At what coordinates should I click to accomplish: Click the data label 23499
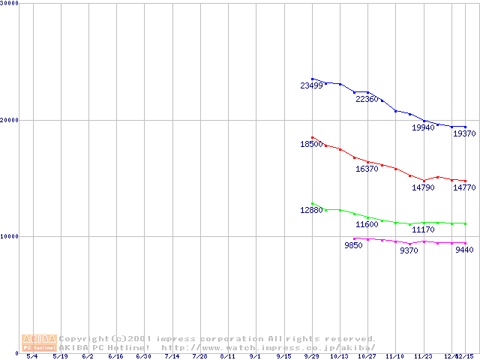(x=311, y=86)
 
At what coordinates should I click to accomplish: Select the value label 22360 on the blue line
(x=367, y=100)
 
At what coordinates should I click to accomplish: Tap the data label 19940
(x=423, y=128)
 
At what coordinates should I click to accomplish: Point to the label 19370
(x=464, y=133)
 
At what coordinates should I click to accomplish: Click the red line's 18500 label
(x=311, y=144)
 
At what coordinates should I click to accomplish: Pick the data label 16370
(x=367, y=169)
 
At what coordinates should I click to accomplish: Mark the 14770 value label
(x=464, y=188)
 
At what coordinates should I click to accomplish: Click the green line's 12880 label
(x=311, y=211)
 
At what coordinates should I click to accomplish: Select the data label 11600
(x=367, y=225)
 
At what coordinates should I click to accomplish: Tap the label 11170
(x=423, y=229)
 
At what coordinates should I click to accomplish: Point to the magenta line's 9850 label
(x=353, y=246)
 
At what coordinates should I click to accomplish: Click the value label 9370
(x=409, y=251)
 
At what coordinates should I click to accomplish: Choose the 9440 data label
(x=464, y=250)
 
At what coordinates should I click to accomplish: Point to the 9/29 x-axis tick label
(x=311, y=356)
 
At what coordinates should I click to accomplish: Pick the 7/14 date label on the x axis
(x=172, y=356)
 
